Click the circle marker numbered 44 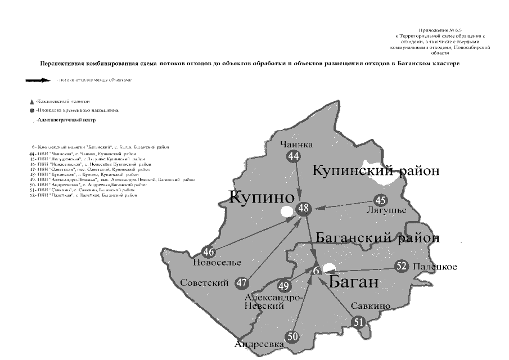[293, 157]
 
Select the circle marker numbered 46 [209, 253]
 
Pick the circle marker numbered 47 [241, 282]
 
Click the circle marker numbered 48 [304, 209]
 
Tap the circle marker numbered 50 [292, 337]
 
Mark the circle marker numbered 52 [401, 266]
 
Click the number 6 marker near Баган [317, 271]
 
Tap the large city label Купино [262, 197]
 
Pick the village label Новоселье [217, 263]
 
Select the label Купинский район [376, 170]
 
